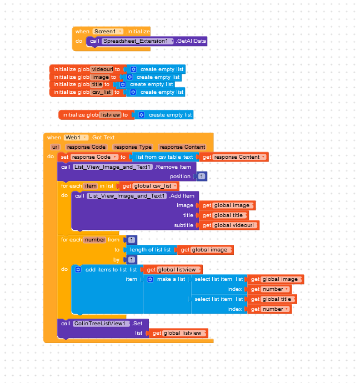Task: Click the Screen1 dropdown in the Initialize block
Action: pyautogui.click(x=108, y=32)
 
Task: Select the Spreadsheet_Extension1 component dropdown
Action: pyautogui.click(x=138, y=41)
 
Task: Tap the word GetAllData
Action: pyautogui.click(x=192, y=41)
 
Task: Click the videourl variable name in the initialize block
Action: pyautogui.click(x=102, y=69)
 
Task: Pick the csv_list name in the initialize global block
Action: pyautogui.click(x=102, y=92)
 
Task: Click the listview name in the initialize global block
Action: pyautogui.click(x=110, y=115)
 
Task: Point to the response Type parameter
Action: pyautogui.click(x=133, y=147)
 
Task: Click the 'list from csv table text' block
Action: pyautogui.click(x=164, y=157)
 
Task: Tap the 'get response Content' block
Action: pyautogui.click(x=233, y=157)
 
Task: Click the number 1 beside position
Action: pyautogui.click(x=201, y=177)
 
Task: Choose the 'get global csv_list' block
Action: pyautogui.click(x=149, y=186)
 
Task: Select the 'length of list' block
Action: pyautogui.click(x=150, y=250)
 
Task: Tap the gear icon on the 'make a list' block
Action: pyautogui.click(x=150, y=279)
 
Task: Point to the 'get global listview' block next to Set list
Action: pyautogui.click(x=179, y=333)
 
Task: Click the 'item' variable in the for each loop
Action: pyautogui.click(x=91, y=186)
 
